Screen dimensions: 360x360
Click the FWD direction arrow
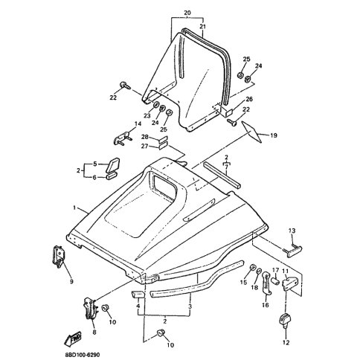click(x=73, y=338)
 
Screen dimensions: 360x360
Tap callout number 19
click(x=274, y=135)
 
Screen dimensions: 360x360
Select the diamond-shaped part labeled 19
click(x=251, y=132)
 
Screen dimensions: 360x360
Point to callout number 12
click(x=286, y=343)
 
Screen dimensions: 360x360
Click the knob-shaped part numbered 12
click(x=285, y=321)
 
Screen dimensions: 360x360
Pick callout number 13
click(x=292, y=231)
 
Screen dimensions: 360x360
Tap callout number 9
click(x=71, y=281)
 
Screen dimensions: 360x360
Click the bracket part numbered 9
click(x=59, y=257)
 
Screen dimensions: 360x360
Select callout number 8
click(x=94, y=332)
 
